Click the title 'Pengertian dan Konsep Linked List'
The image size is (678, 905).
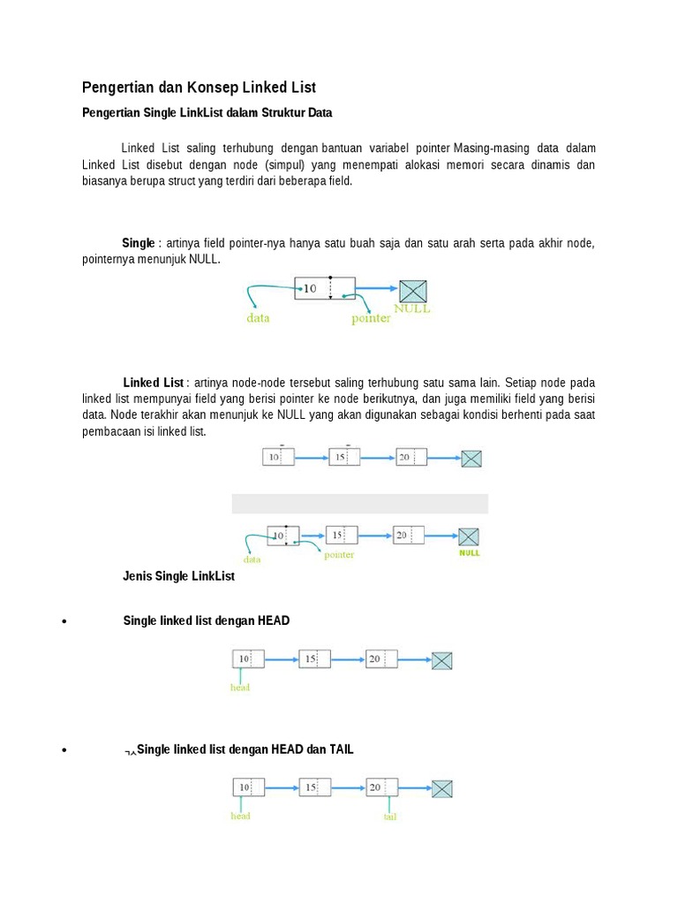199,87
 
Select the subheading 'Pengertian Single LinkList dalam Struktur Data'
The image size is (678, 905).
207,113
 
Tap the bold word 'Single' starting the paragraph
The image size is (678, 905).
139,243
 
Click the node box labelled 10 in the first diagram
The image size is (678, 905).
324,288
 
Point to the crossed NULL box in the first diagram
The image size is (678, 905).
413,290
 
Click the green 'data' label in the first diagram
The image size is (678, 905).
258,318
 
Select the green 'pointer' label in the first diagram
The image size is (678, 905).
371,318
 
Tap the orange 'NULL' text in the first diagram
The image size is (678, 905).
412,309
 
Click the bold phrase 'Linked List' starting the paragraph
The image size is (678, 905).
154,383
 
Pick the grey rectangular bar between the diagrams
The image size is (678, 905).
359,504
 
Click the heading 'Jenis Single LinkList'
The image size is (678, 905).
178,576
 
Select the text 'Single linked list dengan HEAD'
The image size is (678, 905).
207,620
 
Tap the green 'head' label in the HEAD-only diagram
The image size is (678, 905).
240,688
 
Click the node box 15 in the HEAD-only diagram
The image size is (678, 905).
314,659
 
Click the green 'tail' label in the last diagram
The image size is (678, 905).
390,818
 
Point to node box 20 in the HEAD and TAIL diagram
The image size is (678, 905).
381,787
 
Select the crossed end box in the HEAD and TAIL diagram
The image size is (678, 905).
441,788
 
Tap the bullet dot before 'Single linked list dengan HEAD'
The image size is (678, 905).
64,621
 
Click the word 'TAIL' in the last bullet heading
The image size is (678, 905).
342,749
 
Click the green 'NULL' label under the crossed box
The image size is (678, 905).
469,553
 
